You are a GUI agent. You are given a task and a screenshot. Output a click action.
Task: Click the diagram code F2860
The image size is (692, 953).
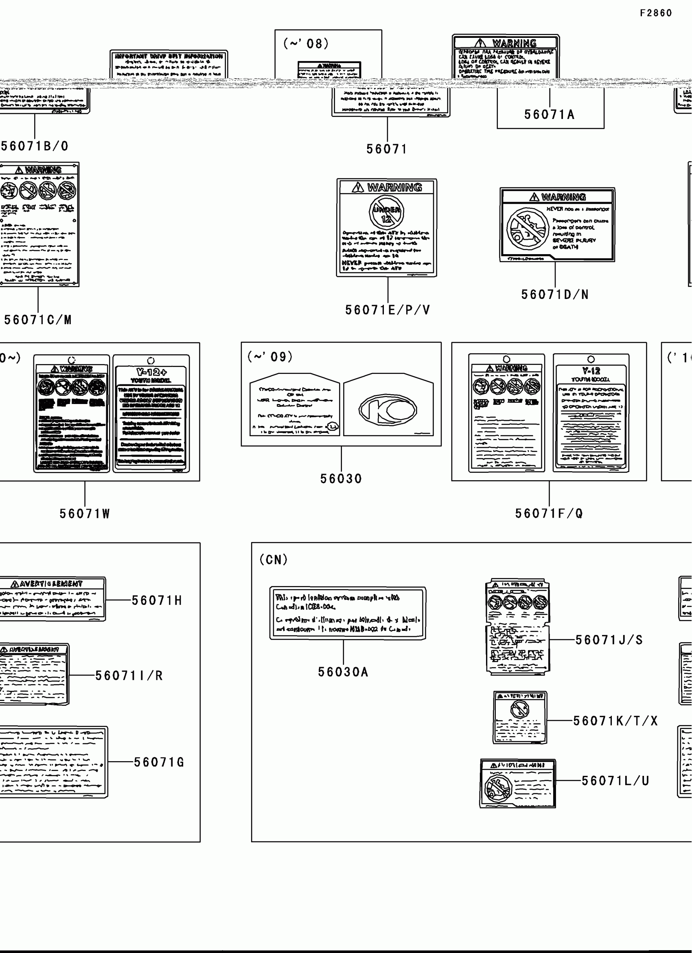[x=656, y=13]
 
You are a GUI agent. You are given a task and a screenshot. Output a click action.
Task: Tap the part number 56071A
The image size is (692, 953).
[x=549, y=114]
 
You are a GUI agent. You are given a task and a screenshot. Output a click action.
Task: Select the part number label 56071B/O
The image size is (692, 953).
[x=35, y=146]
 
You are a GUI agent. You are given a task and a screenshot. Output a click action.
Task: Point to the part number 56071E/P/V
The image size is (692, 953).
[x=388, y=310]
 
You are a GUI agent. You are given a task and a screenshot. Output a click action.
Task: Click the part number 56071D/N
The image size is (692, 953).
[x=555, y=294]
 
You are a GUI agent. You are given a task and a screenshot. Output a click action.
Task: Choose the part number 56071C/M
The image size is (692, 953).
[x=38, y=320]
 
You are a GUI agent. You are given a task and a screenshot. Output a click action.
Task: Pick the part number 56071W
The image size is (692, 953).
[x=85, y=514]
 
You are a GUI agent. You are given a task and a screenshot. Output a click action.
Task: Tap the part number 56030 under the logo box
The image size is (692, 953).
[x=341, y=479]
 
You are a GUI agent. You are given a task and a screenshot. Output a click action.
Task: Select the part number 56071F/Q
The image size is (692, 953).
[x=549, y=513]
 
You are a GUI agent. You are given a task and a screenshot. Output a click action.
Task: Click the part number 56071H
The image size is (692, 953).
[x=157, y=600]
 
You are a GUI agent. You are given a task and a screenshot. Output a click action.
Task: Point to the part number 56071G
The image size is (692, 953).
[x=159, y=762]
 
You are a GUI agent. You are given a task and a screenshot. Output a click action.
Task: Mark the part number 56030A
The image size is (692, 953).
[x=343, y=672]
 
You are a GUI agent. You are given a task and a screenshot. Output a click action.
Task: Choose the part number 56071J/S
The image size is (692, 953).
[x=609, y=640]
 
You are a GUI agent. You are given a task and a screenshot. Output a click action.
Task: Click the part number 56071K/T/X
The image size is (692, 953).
[x=615, y=721]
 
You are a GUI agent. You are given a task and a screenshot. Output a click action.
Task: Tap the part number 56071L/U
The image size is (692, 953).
[x=615, y=781]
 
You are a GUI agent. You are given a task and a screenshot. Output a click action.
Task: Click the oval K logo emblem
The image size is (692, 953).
[x=388, y=410]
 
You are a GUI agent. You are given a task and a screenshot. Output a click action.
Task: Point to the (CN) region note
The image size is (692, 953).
[x=274, y=560]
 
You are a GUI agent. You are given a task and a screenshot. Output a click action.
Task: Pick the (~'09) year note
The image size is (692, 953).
[x=270, y=357]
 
